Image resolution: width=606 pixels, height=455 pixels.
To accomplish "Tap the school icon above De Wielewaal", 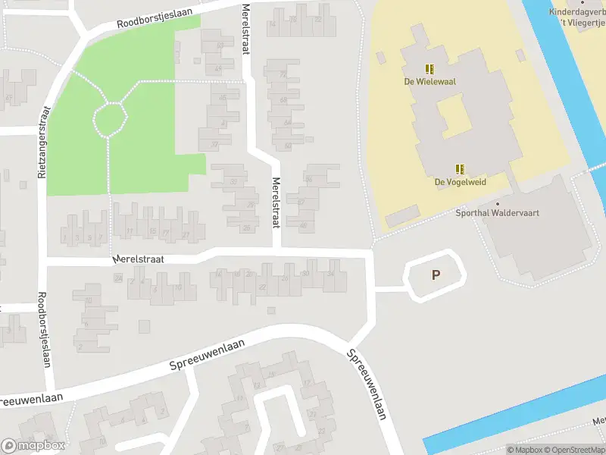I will coord(429,68).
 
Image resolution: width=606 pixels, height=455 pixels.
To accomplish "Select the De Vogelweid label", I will coord(460,182).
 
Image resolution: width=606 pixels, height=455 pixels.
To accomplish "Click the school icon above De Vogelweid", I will coord(460,169).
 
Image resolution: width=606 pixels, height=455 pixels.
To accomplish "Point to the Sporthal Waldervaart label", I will coord(497,213).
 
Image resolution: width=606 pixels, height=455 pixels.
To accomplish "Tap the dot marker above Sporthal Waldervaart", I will coord(498,203).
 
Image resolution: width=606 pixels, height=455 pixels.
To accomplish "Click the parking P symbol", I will coord(436,275).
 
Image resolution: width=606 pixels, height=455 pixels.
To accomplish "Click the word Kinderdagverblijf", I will coord(577,12).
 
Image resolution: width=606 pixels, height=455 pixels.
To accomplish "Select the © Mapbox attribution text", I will coord(524,450).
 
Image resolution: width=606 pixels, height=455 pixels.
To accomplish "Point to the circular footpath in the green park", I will coord(111,119).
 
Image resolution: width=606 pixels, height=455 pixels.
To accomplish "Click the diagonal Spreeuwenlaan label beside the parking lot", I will coord(367,384).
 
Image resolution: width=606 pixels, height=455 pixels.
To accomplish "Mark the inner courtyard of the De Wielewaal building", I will coord(454,118).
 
